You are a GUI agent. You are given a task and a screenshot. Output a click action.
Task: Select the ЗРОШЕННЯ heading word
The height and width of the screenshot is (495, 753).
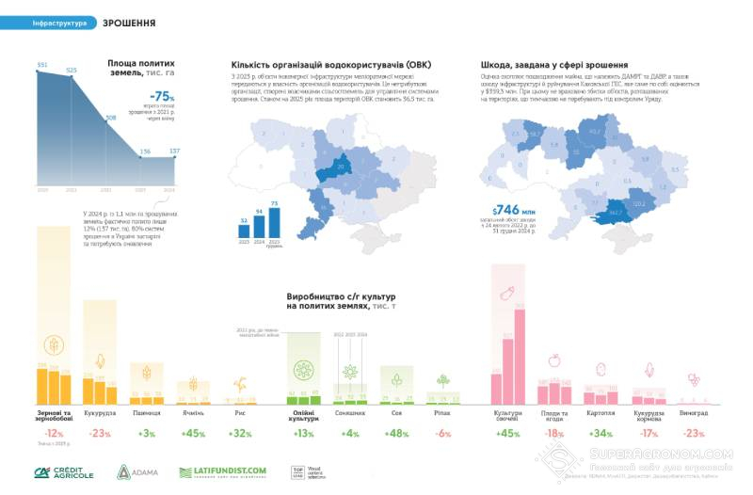click(128, 22)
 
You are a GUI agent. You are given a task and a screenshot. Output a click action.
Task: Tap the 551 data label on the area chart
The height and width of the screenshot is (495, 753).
click(41, 65)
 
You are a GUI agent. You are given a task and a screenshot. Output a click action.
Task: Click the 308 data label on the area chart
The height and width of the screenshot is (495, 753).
click(111, 118)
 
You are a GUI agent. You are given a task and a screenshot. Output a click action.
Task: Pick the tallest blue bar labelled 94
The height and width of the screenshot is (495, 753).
click(259, 228)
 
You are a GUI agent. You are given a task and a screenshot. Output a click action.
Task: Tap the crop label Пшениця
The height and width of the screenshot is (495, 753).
click(147, 412)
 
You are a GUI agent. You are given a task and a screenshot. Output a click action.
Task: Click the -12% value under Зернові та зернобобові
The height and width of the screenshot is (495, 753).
click(54, 433)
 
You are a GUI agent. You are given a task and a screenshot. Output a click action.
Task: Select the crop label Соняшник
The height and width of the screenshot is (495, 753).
click(350, 412)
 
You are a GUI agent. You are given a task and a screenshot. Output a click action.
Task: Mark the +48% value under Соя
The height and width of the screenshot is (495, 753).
click(397, 433)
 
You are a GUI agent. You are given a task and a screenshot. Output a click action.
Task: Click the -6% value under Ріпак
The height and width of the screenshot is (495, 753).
click(444, 433)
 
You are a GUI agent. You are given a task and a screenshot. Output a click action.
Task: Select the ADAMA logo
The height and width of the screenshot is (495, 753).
click(137, 471)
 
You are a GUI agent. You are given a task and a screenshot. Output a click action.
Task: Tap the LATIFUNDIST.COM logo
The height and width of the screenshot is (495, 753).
click(222, 471)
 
